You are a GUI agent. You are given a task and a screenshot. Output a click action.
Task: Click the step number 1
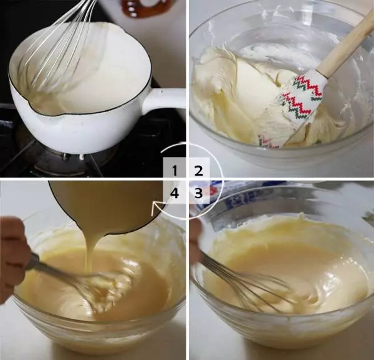pyautogui.click(x=175, y=169)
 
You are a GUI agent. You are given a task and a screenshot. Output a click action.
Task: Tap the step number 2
pyautogui.click(x=199, y=169)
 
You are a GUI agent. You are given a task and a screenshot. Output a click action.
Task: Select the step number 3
pyautogui.click(x=199, y=193)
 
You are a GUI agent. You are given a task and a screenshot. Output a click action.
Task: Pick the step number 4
pyautogui.click(x=175, y=193)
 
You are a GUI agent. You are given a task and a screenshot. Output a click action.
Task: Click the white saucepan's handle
pyautogui.click(x=163, y=100)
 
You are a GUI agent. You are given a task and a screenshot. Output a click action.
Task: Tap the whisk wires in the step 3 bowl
pyautogui.click(x=249, y=280)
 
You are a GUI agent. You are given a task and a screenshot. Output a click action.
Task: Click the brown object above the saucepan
pyautogui.click(x=147, y=7)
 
